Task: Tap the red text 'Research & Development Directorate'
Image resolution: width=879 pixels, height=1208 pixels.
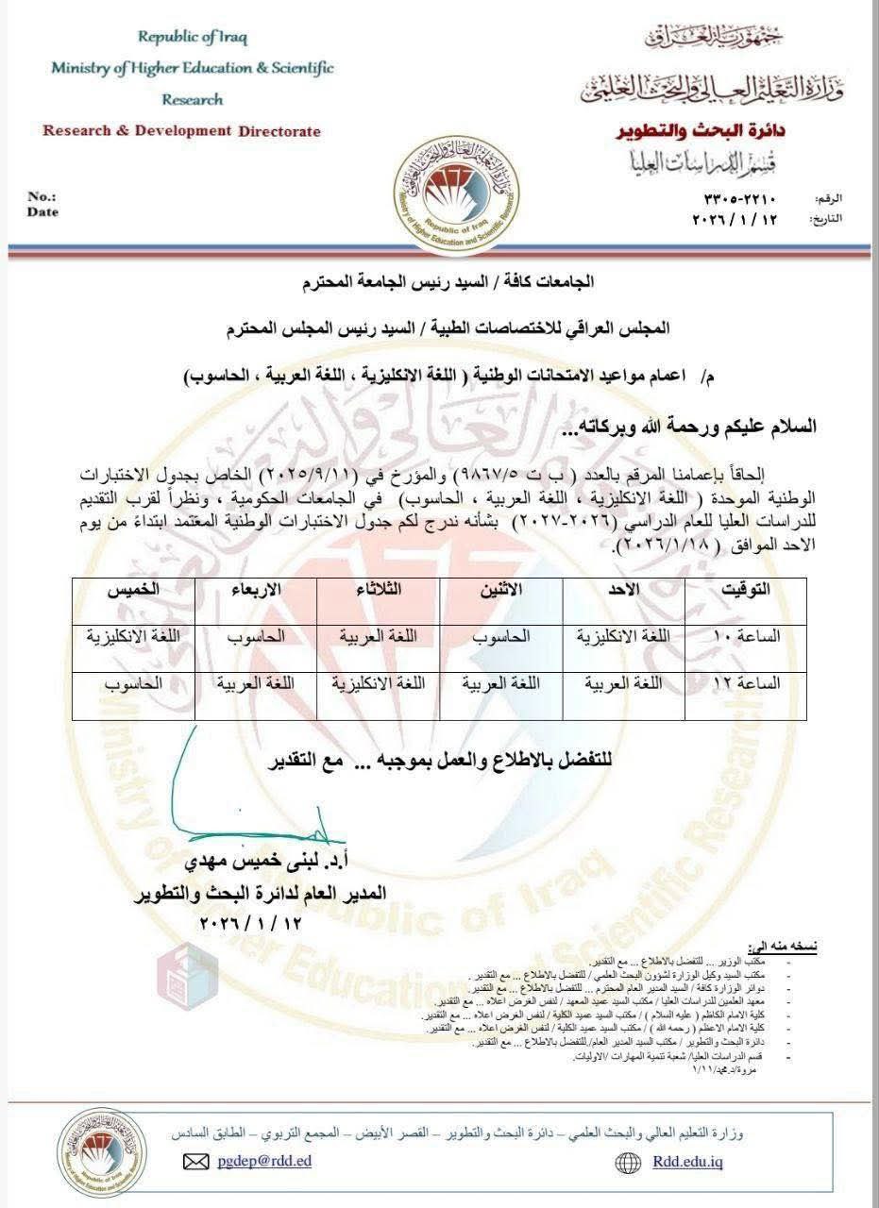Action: click(181, 131)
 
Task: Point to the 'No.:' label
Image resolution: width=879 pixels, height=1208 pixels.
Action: click(42, 197)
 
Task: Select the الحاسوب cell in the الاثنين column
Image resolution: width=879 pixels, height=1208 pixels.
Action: click(500, 636)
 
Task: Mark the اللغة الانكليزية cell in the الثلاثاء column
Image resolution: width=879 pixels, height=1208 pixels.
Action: click(378, 682)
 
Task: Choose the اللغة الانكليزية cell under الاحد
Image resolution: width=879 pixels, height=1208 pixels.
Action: click(623, 636)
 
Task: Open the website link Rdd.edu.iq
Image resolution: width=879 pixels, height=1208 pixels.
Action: click(687, 1161)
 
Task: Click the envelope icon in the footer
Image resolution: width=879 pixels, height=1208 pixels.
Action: click(196, 1162)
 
